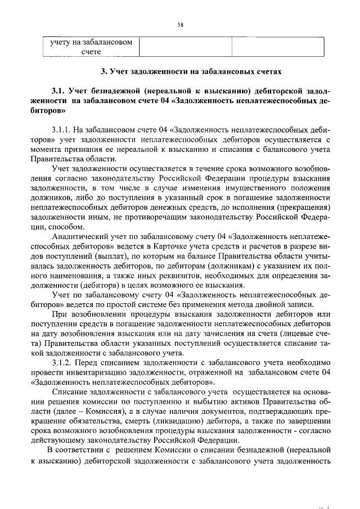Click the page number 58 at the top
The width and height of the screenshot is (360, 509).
coord(181,25)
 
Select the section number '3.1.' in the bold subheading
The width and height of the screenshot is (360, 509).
coord(60,91)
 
